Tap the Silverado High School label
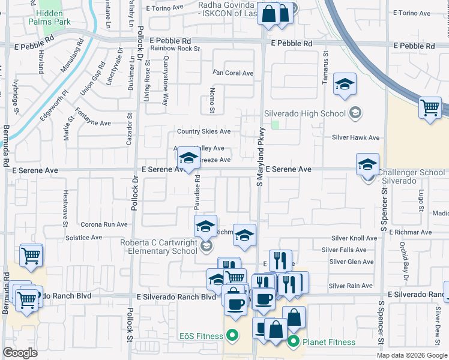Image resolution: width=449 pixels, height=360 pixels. tap(306, 113)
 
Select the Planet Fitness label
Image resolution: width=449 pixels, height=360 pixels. tap(328, 343)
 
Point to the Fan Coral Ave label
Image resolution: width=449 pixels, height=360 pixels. tap(234, 73)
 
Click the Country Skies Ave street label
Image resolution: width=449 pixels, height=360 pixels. tap(203, 131)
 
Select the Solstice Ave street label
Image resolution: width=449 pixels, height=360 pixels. tap(83, 238)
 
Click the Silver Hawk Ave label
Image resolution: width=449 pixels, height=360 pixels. tap(356, 137)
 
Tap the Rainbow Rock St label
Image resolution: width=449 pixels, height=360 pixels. tap(175, 48)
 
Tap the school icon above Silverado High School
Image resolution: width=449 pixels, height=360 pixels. tap(345, 84)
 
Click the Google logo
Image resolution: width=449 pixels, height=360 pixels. tap(20, 353)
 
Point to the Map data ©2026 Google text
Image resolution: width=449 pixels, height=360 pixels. tap(411, 355)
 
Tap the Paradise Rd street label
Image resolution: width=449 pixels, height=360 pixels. tap(196, 193)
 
